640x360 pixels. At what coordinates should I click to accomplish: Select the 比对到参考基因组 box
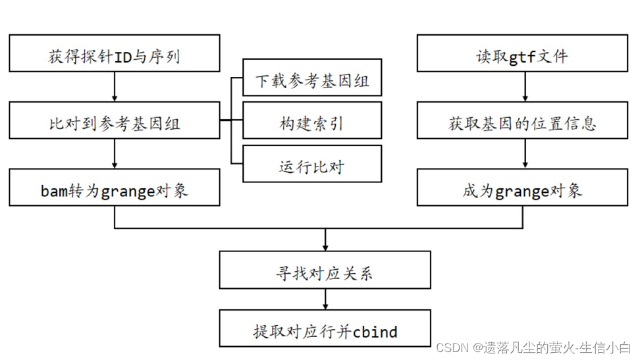pos(115,121)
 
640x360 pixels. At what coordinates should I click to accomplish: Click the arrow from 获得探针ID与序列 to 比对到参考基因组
pos(115,87)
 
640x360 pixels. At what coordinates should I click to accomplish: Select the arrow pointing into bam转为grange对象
pos(115,154)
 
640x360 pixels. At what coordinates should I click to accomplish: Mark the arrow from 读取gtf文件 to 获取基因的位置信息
pos(525,87)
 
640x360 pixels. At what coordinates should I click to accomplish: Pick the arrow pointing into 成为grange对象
pos(525,154)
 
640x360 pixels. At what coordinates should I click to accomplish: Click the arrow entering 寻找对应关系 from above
pos(325,240)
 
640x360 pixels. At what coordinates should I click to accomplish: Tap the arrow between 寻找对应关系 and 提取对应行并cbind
pos(325,299)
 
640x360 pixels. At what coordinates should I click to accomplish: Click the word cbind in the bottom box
pos(375,330)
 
